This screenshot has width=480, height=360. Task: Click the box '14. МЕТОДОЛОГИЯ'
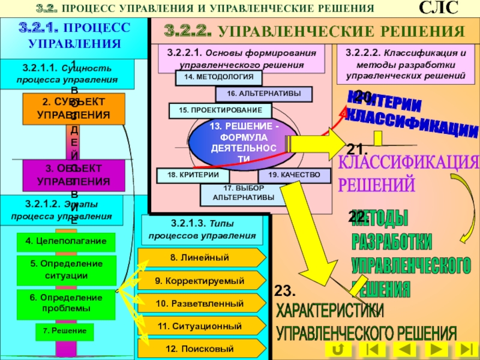[x=218, y=77]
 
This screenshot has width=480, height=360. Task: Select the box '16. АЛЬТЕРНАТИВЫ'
[x=263, y=94]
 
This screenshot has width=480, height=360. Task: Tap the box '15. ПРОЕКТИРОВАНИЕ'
[x=220, y=110]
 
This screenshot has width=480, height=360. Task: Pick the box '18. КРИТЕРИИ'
[x=190, y=175]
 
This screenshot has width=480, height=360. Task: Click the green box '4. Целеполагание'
[x=65, y=241]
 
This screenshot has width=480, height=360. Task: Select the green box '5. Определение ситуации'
[x=65, y=269]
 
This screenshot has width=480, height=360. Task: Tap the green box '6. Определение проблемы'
[x=65, y=303]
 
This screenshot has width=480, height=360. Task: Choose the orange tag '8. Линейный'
[x=202, y=257]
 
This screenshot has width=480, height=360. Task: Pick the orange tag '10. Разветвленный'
[x=202, y=304]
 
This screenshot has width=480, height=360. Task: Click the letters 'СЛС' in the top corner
[x=437, y=9]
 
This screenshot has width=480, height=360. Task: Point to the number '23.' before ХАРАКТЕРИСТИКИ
[x=286, y=292]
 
